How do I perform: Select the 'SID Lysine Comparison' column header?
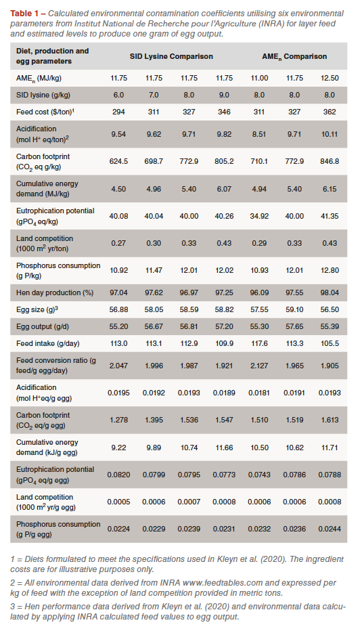(171, 56)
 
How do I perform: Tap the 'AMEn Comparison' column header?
(294, 57)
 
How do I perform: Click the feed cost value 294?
(118, 112)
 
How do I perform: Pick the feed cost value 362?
(330, 112)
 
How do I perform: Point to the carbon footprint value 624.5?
(118, 161)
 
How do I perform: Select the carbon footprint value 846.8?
(330, 161)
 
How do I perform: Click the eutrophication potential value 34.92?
(259, 216)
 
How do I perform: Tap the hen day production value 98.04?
(330, 292)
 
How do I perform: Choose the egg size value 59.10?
(294, 309)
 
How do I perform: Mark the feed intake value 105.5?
(330, 343)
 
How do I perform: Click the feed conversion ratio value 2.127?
(259, 366)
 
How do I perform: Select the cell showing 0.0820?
(118, 475)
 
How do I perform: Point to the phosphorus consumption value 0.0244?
(330, 529)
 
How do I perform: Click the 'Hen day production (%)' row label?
(55, 292)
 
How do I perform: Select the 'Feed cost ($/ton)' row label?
(45, 112)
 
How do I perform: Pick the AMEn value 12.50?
(330, 78)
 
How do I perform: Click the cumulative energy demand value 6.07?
(224, 188)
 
